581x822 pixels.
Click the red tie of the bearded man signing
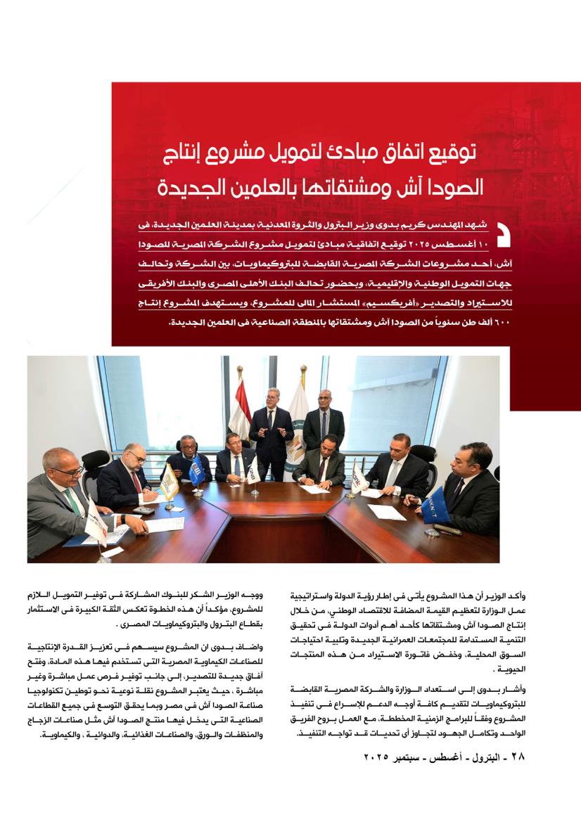click(x=134, y=486)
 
